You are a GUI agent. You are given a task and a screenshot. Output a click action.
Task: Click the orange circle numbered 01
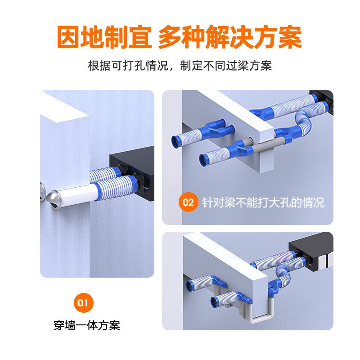84,302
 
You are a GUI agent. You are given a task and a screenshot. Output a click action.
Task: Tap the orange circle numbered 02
188,202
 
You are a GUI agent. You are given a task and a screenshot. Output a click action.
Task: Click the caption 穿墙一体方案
87,325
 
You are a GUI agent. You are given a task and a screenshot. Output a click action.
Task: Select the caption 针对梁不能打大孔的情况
263,202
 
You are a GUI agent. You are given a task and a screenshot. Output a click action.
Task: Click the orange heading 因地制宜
104,37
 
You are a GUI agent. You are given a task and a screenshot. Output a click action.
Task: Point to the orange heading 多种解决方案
230,37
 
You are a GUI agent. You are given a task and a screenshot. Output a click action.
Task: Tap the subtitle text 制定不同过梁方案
226,66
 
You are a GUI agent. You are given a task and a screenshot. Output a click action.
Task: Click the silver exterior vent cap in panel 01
54,198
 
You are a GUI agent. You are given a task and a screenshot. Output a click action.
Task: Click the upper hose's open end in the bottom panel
189,286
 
